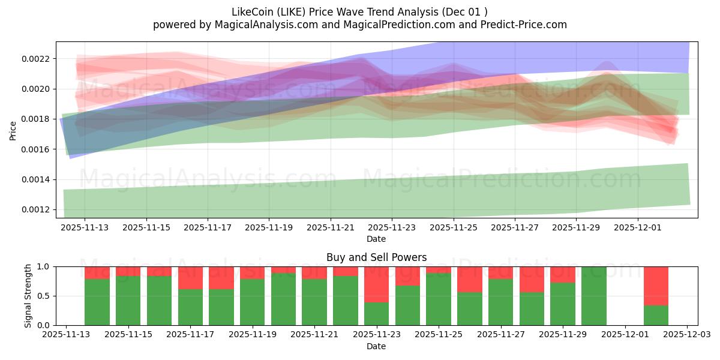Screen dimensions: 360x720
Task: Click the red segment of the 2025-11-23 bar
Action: click(376, 284)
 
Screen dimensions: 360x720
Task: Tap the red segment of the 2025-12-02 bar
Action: click(656, 286)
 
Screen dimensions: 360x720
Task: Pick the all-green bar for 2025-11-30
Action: click(593, 296)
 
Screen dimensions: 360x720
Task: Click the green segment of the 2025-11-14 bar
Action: click(97, 302)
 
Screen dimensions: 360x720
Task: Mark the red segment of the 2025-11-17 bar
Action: click(190, 278)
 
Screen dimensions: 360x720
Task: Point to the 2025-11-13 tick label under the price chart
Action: click(85, 228)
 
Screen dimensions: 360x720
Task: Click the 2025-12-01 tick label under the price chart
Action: click(638, 228)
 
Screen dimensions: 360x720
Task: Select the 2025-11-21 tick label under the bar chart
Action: click(314, 335)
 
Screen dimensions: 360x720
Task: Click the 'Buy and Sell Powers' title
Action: click(376, 257)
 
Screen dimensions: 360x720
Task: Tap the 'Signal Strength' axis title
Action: click(28, 296)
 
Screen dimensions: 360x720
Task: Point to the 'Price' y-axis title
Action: click(13, 130)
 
